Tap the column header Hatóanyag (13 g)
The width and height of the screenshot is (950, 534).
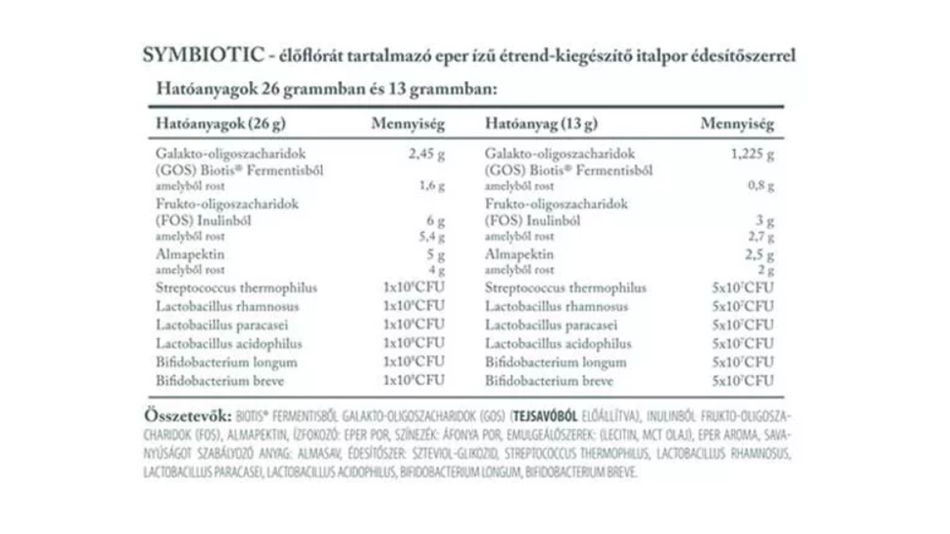click(x=541, y=124)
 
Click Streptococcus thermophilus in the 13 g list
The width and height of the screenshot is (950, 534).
click(x=566, y=288)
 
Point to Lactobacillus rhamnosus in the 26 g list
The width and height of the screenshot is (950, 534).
click(x=227, y=306)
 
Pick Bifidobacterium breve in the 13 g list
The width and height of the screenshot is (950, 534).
click(x=549, y=381)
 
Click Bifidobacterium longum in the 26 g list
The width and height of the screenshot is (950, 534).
click(x=226, y=363)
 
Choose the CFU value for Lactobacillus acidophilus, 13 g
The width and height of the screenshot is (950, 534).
click(x=741, y=343)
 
